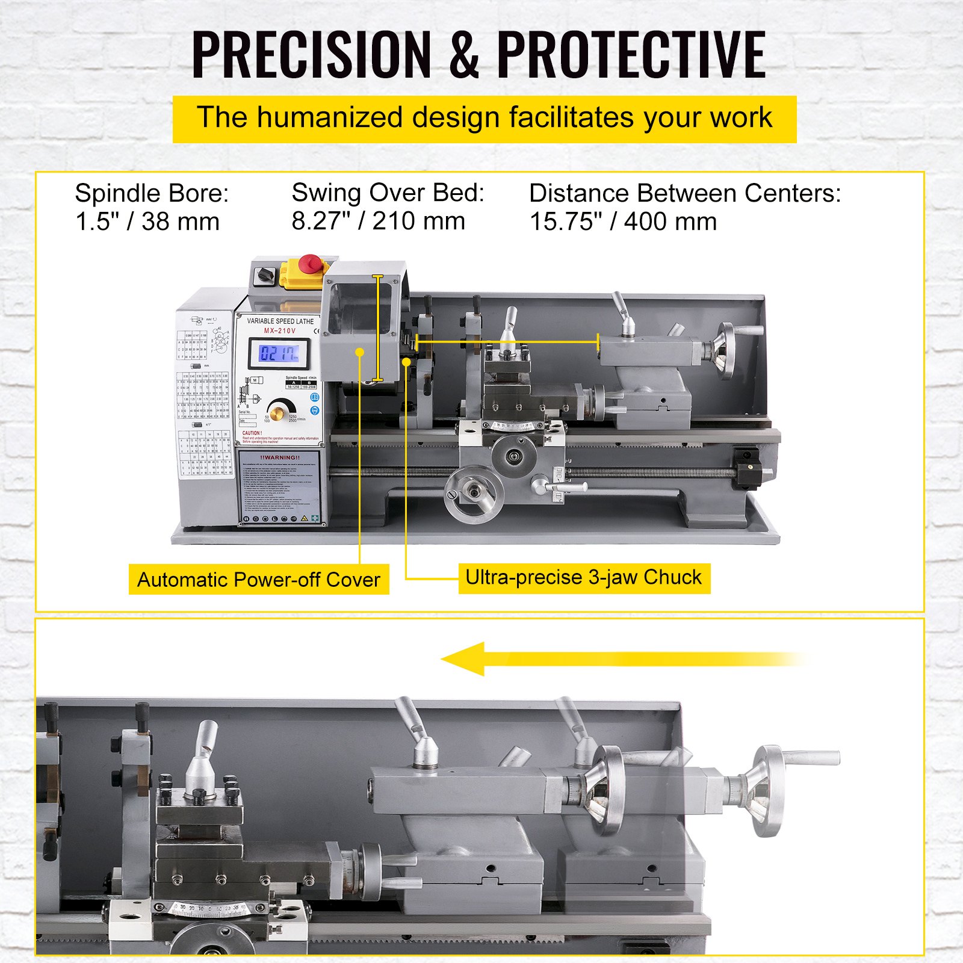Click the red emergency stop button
pos(311,263)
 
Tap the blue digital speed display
pos(279,353)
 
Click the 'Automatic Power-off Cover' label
pos(259,579)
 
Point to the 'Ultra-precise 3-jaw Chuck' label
pos(584,578)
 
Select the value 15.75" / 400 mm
pos(623,221)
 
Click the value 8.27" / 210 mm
pos(378,221)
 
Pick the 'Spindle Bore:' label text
pos(152,193)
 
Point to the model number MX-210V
pos(280,330)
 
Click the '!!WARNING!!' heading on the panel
pos(280,457)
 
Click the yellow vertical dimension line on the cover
pos(377,328)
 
